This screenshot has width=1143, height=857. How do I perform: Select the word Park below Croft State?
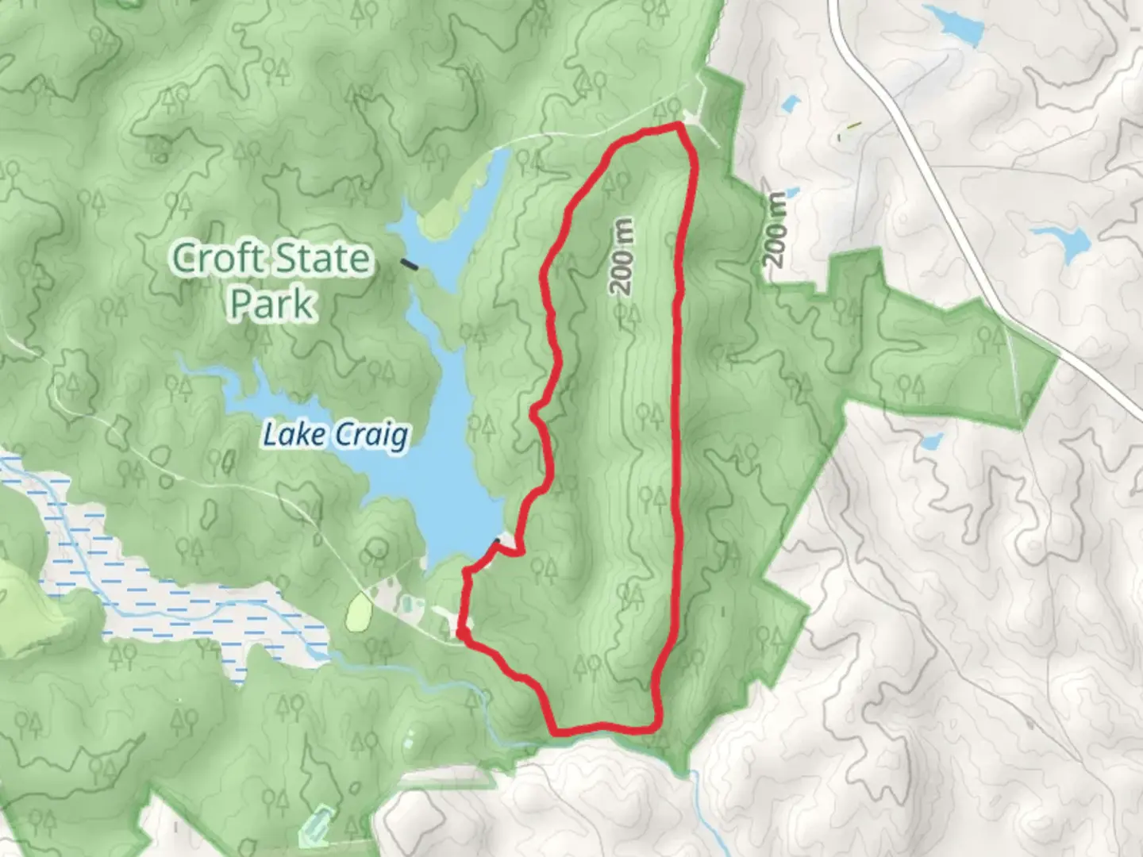click(x=272, y=303)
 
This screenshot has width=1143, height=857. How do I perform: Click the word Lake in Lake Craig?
click(x=294, y=435)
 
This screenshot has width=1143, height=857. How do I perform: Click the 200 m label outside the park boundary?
click(x=775, y=229)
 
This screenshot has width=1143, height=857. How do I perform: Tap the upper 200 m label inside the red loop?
click(x=624, y=257)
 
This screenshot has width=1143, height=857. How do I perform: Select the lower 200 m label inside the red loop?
click(x=632, y=597)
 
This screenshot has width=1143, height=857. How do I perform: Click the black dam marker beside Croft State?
click(x=410, y=264)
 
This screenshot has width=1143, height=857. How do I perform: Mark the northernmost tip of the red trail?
click(x=679, y=125)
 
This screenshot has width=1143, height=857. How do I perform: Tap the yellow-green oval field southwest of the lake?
click(x=360, y=612)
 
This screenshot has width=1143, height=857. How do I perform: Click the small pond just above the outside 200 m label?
click(x=791, y=104)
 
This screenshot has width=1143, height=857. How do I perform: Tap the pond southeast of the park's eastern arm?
click(x=929, y=442)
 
